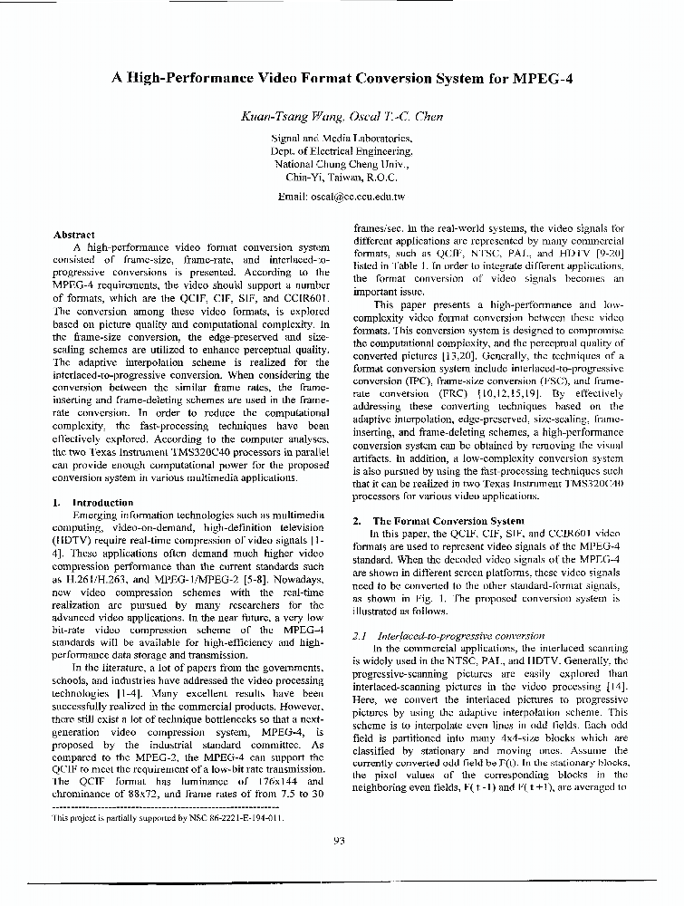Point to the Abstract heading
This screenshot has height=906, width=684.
point(74,235)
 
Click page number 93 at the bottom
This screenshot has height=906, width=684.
point(340,840)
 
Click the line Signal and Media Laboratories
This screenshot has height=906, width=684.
point(342,139)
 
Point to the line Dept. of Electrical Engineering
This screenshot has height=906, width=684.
point(342,151)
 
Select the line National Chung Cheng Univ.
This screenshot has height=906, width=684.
point(342,165)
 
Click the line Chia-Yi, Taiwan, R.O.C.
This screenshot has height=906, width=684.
point(342,178)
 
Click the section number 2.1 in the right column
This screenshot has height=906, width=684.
point(359,636)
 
